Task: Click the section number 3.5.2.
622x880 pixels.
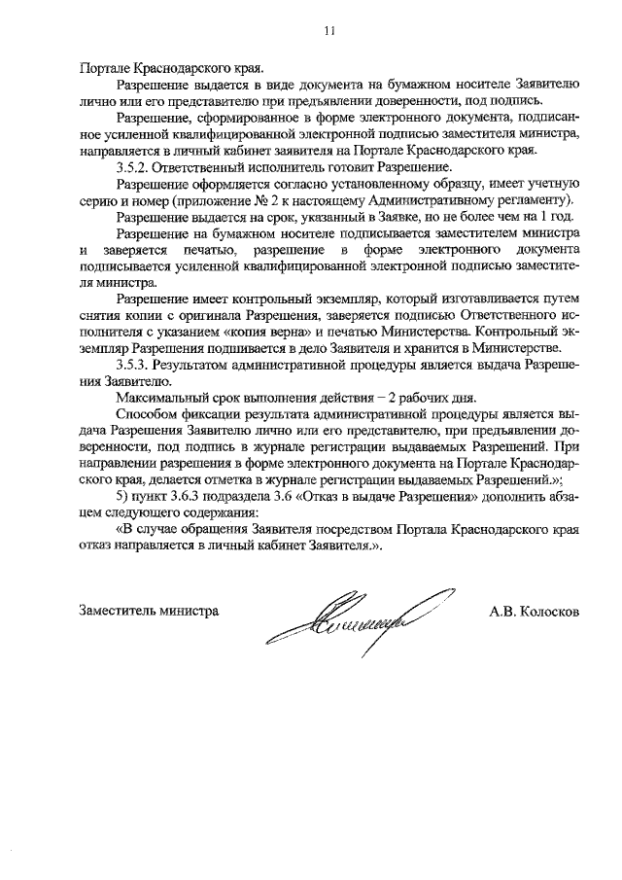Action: (x=131, y=167)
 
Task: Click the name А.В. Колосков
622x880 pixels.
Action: (x=536, y=612)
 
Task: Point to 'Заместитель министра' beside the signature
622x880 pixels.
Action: (x=149, y=612)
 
